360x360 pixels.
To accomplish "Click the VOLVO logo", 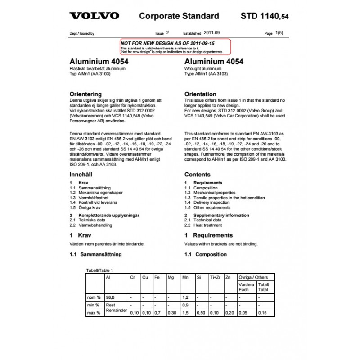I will click(94, 16).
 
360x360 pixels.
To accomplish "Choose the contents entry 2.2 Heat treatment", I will click(202, 225).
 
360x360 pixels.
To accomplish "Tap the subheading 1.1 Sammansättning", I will click(96, 254).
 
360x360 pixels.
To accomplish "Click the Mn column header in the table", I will click(185, 278).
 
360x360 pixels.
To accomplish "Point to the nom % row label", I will click(94, 297).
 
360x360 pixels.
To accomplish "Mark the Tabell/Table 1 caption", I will click(99, 270).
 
